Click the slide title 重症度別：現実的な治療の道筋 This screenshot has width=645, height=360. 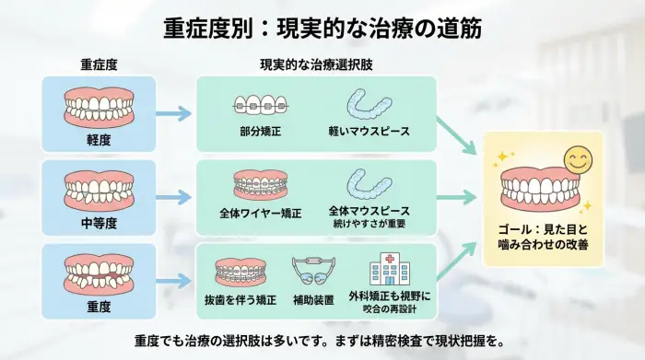pyautogui.click(x=322, y=28)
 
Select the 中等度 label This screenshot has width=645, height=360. pyautogui.click(x=99, y=221)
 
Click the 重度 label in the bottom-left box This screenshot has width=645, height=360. pyautogui.click(x=99, y=304)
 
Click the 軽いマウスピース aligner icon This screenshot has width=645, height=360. pyautogui.click(x=368, y=107)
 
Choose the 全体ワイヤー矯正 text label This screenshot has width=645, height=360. pyautogui.click(x=260, y=213)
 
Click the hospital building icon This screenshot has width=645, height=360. pyautogui.click(x=389, y=269)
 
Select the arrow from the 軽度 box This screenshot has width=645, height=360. pyautogui.click(x=172, y=114)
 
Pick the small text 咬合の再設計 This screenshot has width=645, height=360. pyautogui.click(x=389, y=308)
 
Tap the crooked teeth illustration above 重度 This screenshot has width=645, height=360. pyautogui.click(x=99, y=271)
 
